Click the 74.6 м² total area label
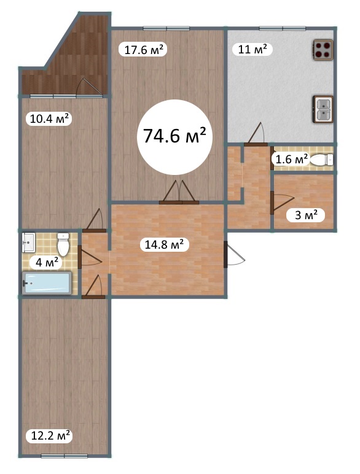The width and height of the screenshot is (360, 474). point(174,136)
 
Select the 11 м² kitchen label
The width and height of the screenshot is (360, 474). point(252,49)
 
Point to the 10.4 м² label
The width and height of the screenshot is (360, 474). point(49,118)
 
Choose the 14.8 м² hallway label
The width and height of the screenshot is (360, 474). point(164,244)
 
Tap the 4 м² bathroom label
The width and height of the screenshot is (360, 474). point(47,262)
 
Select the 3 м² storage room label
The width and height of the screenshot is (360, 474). point(306,216)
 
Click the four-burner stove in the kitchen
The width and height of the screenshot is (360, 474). point(323,50)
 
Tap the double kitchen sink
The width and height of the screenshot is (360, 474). point(323,109)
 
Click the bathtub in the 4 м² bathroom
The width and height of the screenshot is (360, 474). point(47,282)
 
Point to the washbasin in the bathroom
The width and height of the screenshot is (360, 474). point(29,242)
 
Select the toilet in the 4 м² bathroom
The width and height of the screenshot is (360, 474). point(63,244)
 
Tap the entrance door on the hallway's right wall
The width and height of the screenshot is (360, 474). point(233,254)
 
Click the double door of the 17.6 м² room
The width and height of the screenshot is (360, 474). point(179,193)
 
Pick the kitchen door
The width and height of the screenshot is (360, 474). point(256,134)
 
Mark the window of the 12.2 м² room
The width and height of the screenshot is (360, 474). point(64,456)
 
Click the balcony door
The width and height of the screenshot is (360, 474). point(89,88)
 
